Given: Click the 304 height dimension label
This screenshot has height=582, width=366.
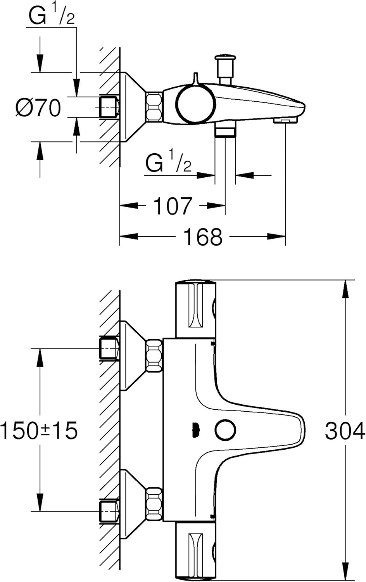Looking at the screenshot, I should click(x=344, y=431).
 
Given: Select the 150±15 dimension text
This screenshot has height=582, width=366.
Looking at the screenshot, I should click(x=39, y=431).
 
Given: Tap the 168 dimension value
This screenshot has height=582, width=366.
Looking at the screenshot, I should click(x=202, y=237).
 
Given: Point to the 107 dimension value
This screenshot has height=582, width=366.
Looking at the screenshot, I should click(x=173, y=206).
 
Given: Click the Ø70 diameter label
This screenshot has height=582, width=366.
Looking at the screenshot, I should click(x=38, y=107).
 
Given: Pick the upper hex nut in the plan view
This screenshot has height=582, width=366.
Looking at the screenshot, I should click(x=154, y=356).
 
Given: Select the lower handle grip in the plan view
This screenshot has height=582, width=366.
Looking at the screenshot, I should click(x=196, y=551).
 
